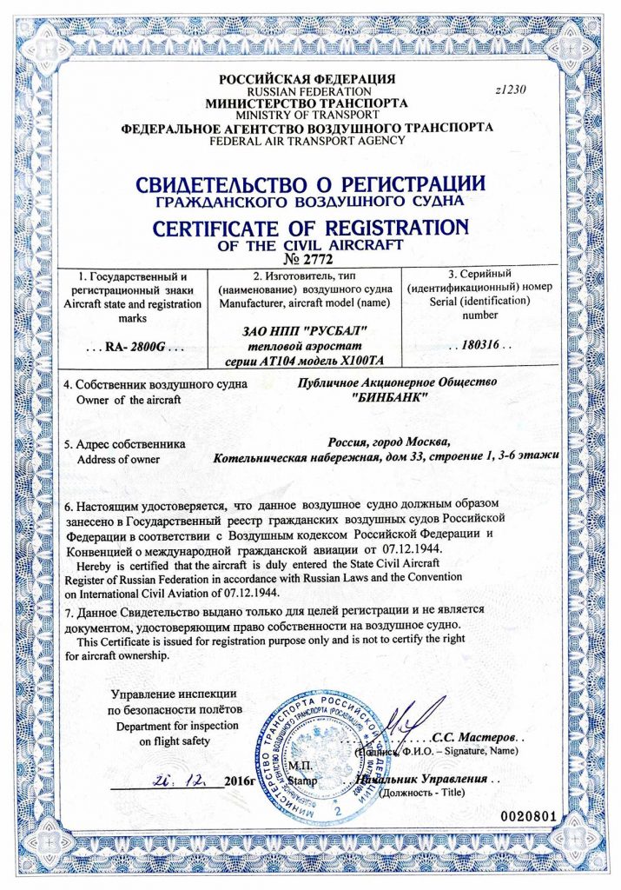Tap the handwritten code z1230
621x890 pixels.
pos(510,88)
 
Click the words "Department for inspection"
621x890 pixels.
pos(172,726)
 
